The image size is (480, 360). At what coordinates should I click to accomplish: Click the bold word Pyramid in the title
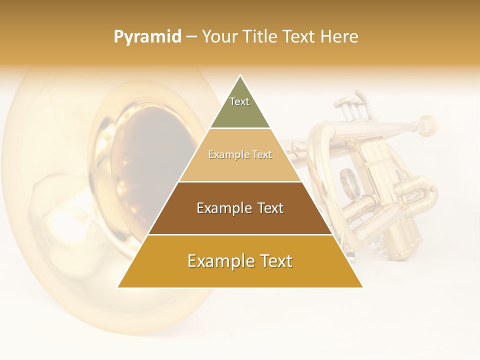[147, 37]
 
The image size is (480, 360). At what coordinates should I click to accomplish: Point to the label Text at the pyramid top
[239, 101]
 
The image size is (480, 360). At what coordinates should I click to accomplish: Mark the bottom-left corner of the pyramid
[118, 287]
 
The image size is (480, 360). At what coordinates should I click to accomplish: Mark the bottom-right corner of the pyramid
[362, 287]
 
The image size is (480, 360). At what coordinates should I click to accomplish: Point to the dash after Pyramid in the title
[191, 36]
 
